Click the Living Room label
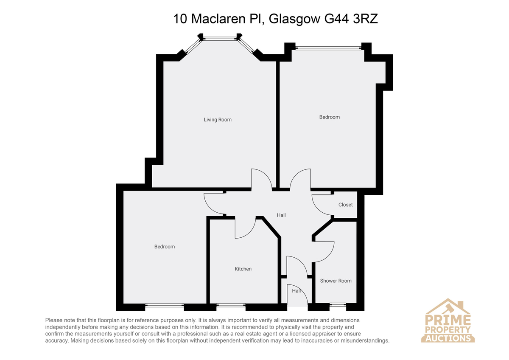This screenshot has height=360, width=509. point(218,120)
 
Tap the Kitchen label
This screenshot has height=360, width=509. point(243,269)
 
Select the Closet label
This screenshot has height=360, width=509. point(345,205)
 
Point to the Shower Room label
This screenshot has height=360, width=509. point(336,281)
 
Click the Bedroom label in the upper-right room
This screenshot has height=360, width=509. point(329,117)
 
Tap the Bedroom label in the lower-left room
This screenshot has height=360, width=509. point(165,247)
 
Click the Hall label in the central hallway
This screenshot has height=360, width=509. point(281,215)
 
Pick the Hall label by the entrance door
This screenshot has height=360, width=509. point(296,291)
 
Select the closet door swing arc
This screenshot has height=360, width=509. point(318,208)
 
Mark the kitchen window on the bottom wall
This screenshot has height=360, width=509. point(231,305)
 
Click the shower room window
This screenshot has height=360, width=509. point(338,305)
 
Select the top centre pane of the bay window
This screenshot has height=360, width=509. point(220,39)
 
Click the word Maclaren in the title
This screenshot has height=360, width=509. point(218,19)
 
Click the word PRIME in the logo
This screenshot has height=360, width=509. point(447,320)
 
